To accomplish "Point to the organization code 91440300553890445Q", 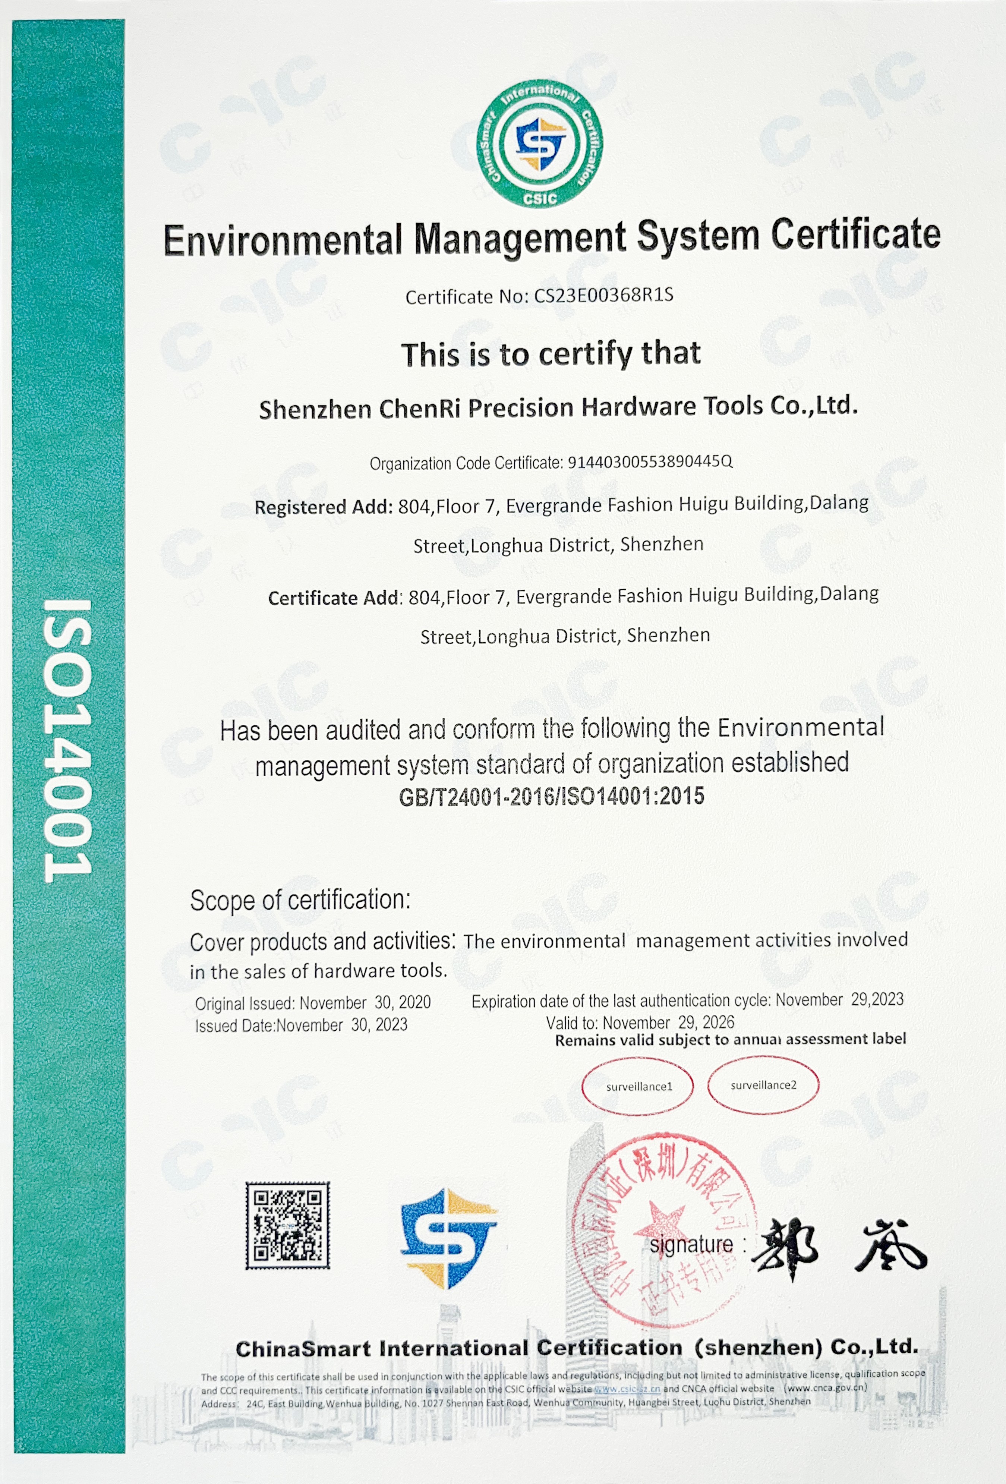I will pyautogui.click(x=650, y=461).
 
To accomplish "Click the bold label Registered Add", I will pyautogui.click(x=324, y=507).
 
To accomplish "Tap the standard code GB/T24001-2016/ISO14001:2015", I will pyautogui.click(x=552, y=796).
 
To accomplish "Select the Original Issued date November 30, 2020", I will pyautogui.click(x=365, y=1002).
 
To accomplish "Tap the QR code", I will pyautogui.click(x=288, y=1225).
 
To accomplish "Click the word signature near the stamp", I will pyautogui.click(x=691, y=1244).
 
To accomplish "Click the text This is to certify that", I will pyautogui.click(x=551, y=354).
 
